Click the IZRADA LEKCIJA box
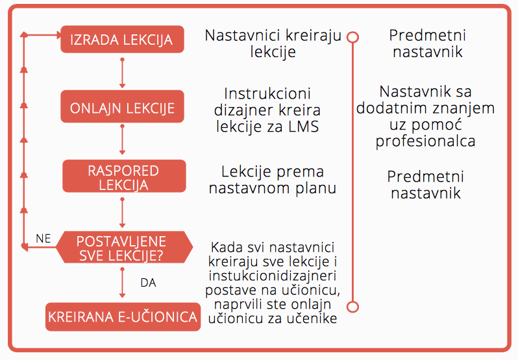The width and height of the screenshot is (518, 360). click(122, 40)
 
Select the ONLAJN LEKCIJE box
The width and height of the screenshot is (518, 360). click(122, 106)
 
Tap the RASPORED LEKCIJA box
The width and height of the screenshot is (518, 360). click(124, 176)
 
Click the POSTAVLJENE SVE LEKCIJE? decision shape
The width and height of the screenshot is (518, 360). click(124, 247)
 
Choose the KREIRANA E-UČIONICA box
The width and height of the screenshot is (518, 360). click(123, 317)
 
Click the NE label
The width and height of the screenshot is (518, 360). click(43, 239)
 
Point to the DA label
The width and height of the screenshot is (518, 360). click(149, 283)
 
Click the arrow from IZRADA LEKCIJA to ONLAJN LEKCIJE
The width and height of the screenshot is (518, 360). click(122, 73)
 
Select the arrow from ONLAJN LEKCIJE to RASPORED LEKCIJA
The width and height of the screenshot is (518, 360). click(122, 139)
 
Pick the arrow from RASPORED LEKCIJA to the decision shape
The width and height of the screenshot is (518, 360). click(122, 213)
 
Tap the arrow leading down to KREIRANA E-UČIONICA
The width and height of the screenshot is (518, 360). click(122, 283)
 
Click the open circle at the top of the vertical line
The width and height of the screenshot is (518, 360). click(353, 37)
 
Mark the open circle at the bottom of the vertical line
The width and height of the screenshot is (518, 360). click(353, 307)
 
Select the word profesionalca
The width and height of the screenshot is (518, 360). click(426, 141)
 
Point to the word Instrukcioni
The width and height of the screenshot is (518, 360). click(267, 93)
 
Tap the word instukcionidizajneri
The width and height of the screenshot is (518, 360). click(273, 276)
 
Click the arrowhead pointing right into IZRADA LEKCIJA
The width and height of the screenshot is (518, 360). click(59, 34)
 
